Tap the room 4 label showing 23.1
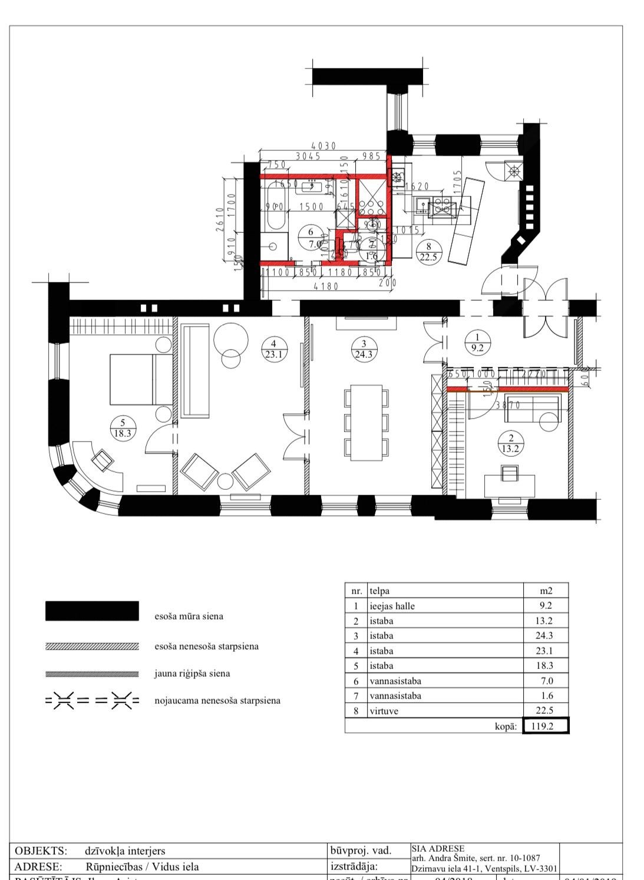(x=273, y=349)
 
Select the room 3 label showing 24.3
(x=364, y=349)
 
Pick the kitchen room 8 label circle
(x=428, y=252)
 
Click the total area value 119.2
(x=546, y=726)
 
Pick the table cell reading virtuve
(x=384, y=711)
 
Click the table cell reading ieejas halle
(x=392, y=606)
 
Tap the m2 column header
(x=546, y=591)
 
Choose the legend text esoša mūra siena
(x=189, y=617)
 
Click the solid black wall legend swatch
(x=92, y=611)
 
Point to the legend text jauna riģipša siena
(x=192, y=673)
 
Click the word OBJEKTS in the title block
(x=41, y=851)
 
